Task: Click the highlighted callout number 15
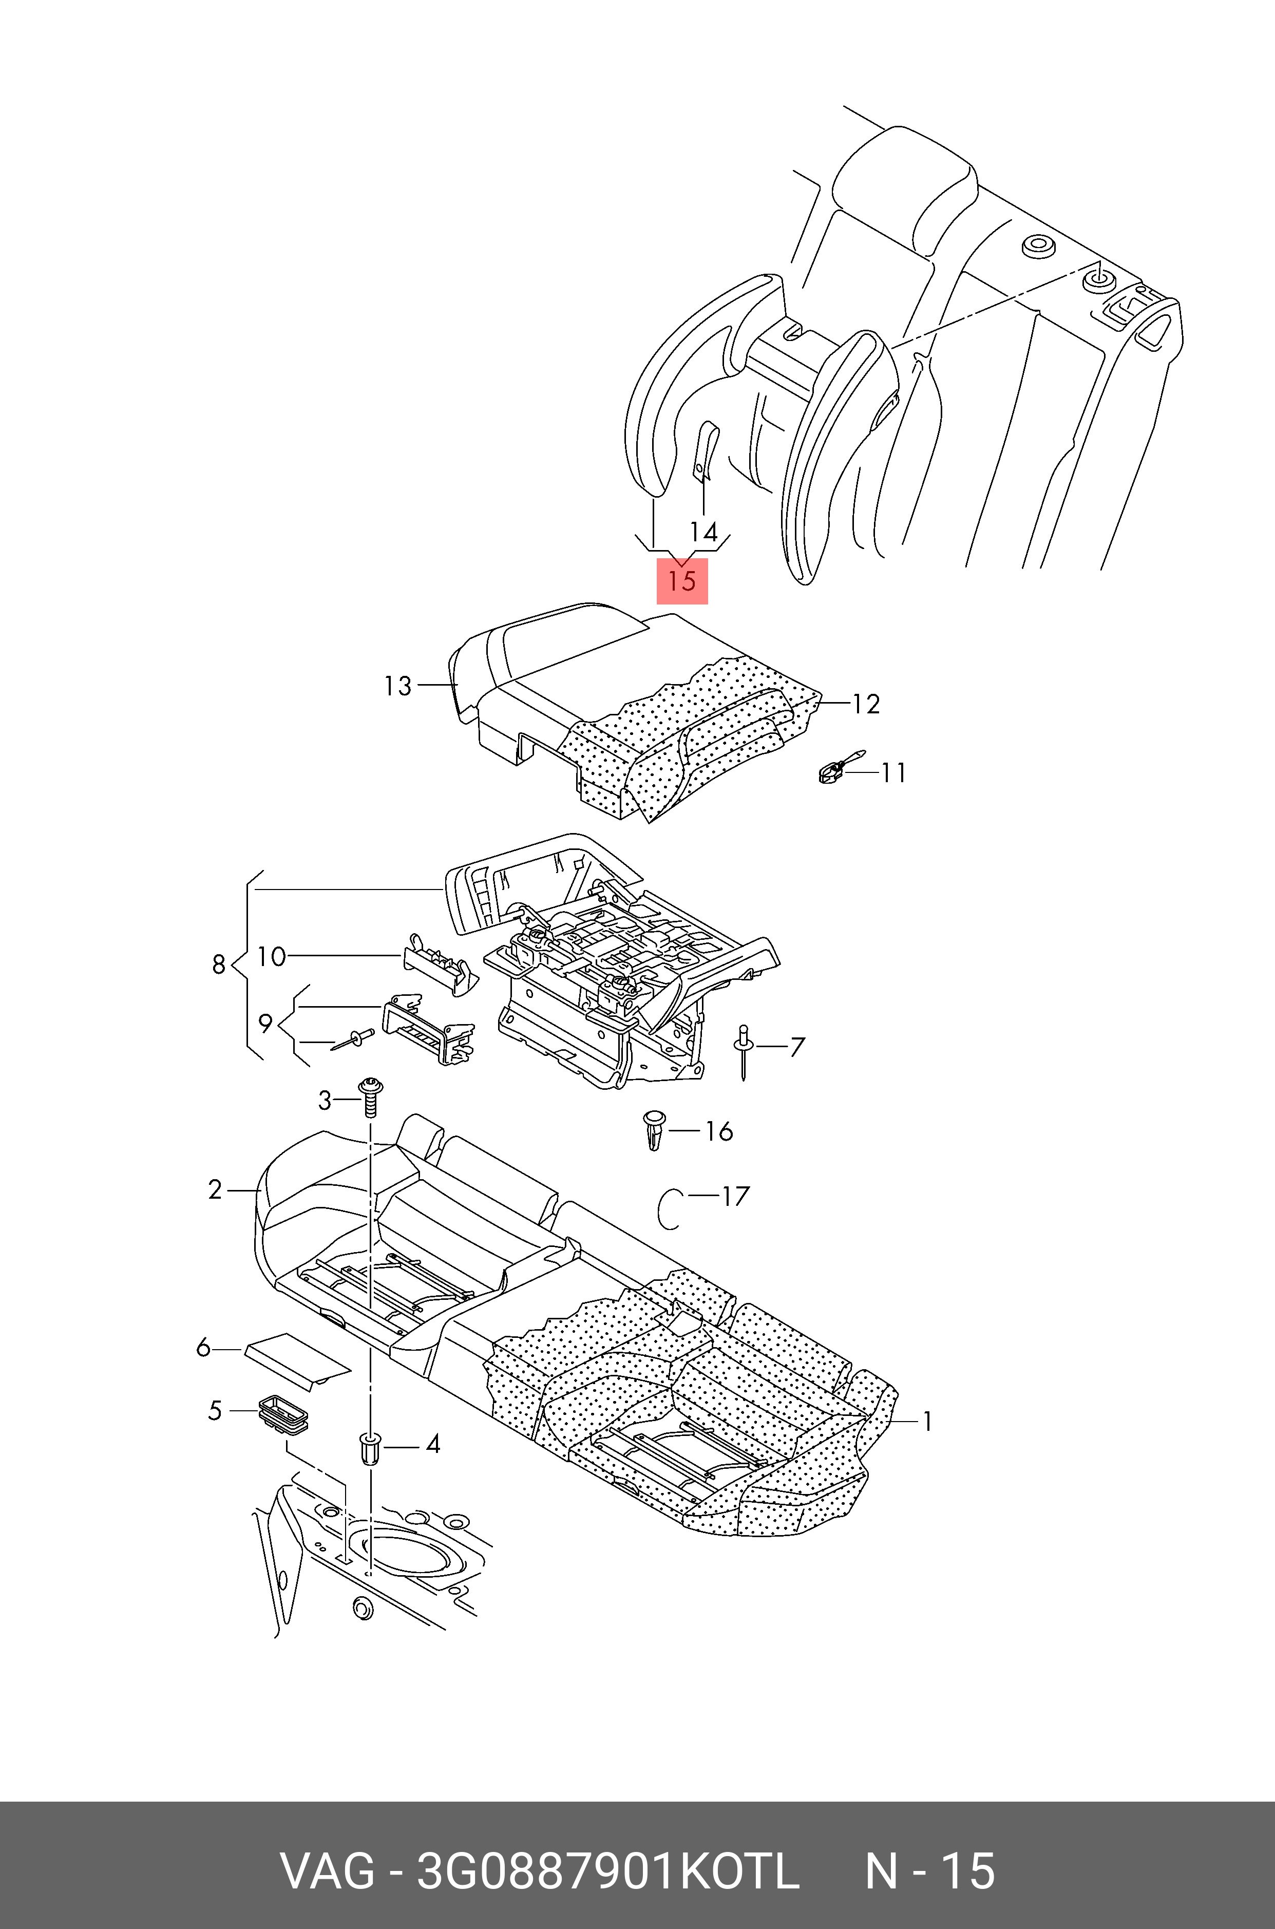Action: tap(682, 581)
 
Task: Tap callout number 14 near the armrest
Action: tap(703, 532)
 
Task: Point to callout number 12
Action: tap(866, 704)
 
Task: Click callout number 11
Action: tap(893, 772)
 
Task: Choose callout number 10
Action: tap(272, 956)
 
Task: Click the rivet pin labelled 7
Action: tap(743, 1052)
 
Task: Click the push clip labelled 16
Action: tap(654, 1129)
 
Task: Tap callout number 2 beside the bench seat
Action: tap(215, 1190)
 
